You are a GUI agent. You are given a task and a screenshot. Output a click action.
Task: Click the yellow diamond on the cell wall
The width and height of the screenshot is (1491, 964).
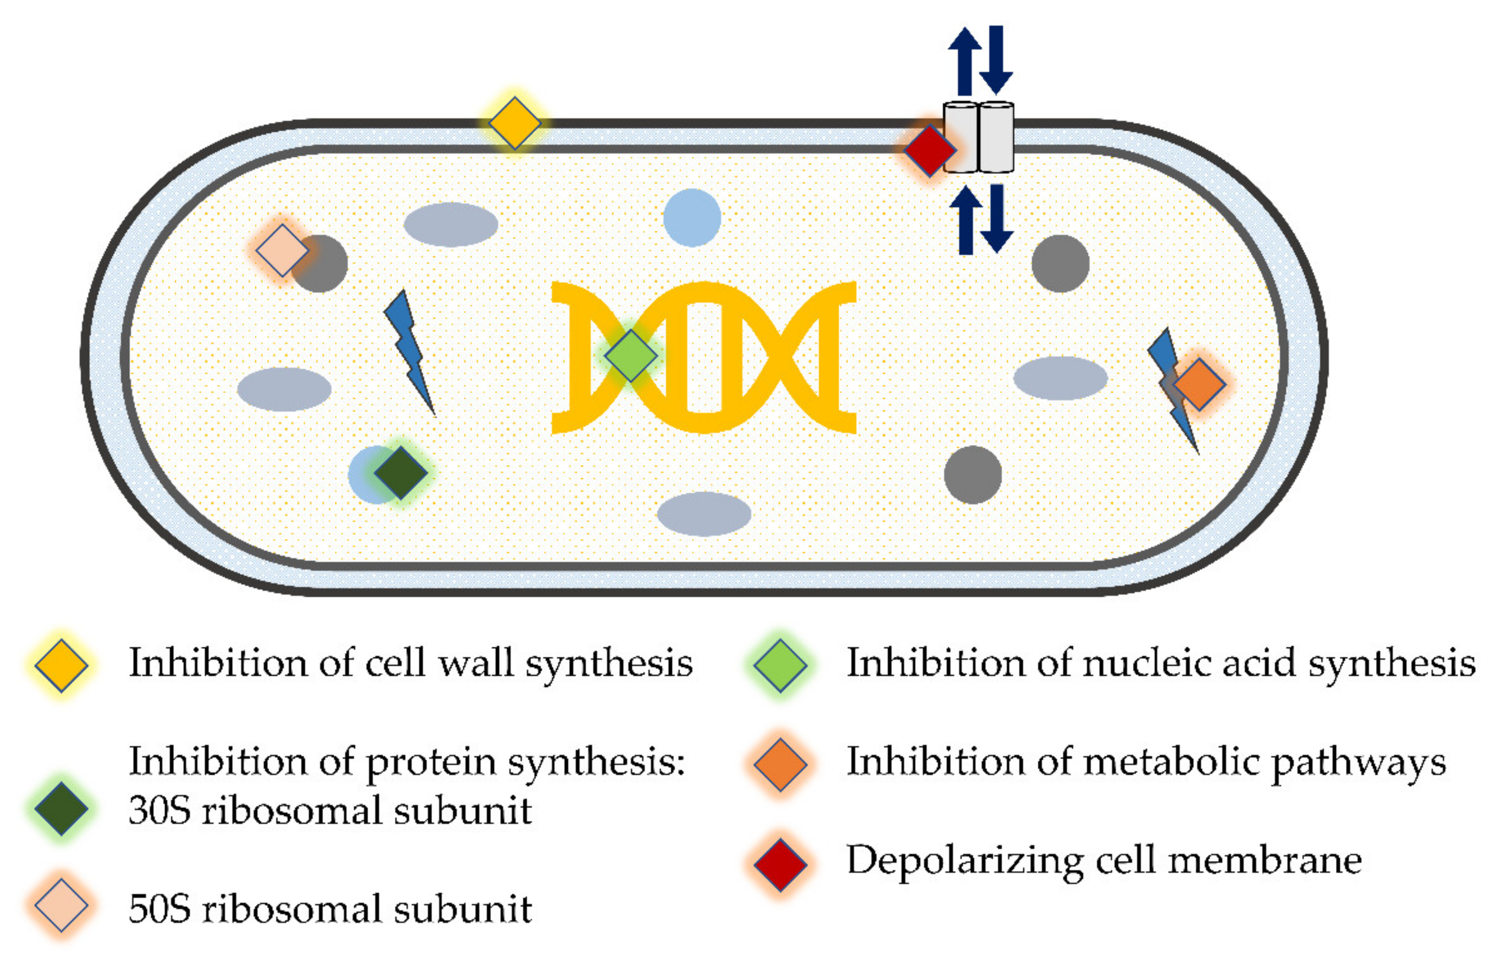pyautogui.click(x=514, y=123)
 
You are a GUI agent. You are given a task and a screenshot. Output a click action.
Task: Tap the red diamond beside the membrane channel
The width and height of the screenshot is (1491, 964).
pyautogui.click(x=929, y=150)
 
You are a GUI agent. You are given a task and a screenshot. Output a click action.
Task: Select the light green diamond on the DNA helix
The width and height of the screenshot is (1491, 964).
pyautogui.click(x=630, y=356)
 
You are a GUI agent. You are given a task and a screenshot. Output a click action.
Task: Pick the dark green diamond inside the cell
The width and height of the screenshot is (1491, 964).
pyautogui.click(x=401, y=473)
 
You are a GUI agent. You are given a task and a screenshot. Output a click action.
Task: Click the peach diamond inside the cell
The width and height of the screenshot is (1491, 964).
pyautogui.click(x=282, y=250)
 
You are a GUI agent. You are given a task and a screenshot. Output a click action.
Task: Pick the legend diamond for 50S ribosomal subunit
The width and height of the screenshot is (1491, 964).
pyautogui.click(x=61, y=905)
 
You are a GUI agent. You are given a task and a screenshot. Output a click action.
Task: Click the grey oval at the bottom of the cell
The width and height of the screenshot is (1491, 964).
pyautogui.click(x=704, y=514)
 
